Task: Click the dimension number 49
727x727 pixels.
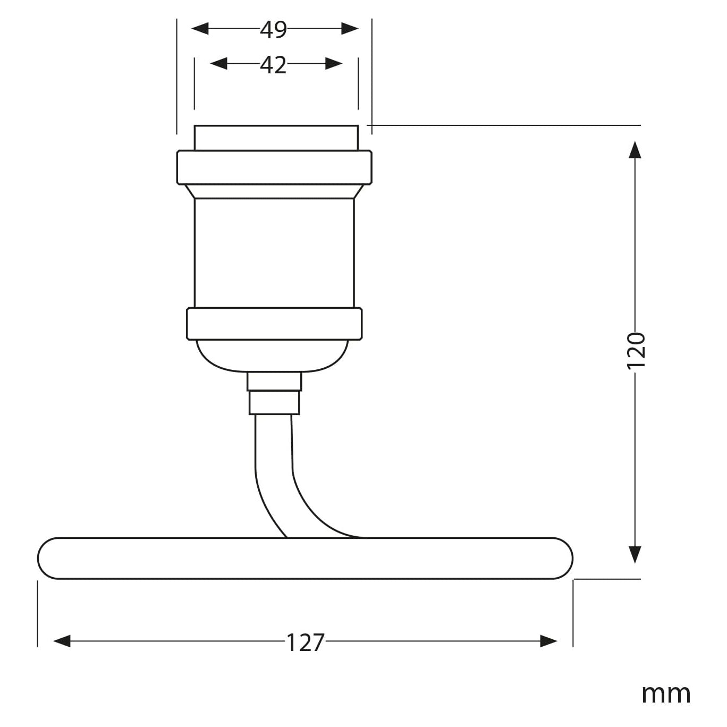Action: [273, 30]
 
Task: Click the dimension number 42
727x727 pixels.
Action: [273, 65]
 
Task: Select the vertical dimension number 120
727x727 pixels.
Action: [636, 350]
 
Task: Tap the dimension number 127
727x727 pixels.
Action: [305, 642]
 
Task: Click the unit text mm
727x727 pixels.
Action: [665, 694]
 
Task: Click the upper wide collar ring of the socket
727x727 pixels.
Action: [274, 167]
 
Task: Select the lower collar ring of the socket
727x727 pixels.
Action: [274, 324]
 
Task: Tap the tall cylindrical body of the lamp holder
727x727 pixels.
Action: [274, 252]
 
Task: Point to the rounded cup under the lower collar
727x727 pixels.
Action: [273, 354]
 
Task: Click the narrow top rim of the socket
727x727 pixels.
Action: [276, 138]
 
